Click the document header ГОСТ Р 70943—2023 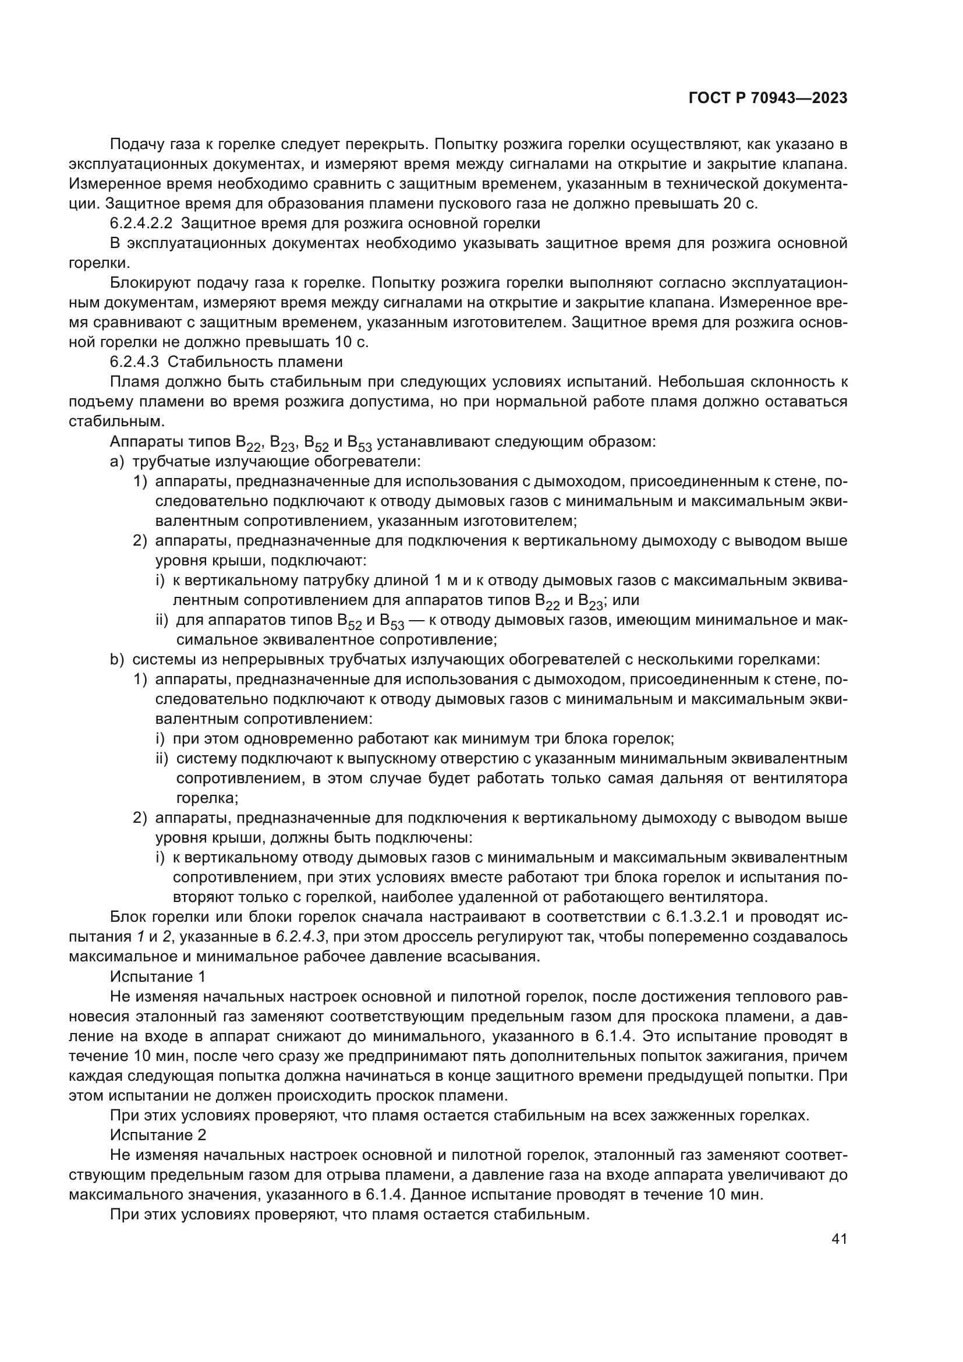point(767,98)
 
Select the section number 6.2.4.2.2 point(140,224)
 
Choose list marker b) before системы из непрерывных point(117,659)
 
